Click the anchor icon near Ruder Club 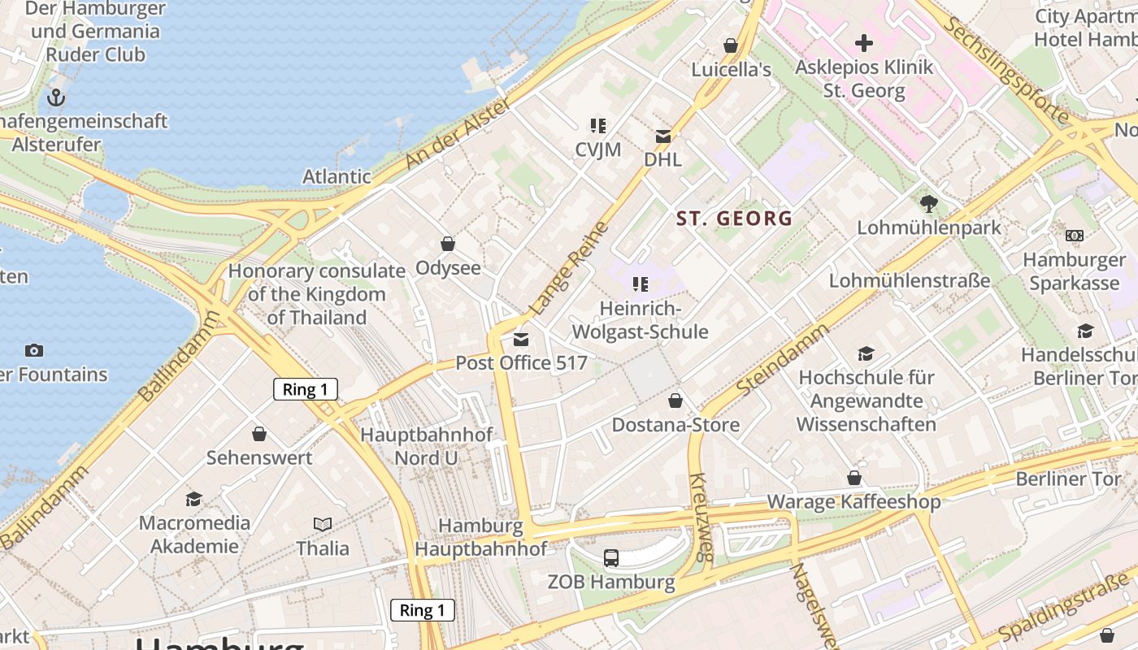(x=55, y=97)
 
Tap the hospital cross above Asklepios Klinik (x=863, y=42)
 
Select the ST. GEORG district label (x=734, y=218)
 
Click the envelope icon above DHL (x=663, y=136)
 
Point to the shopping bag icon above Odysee (x=447, y=244)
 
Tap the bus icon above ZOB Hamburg (x=610, y=557)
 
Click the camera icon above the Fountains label (x=33, y=350)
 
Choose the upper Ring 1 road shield (x=305, y=389)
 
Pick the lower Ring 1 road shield (x=422, y=610)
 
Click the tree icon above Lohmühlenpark (x=929, y=204)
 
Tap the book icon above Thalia (x=323, y=525)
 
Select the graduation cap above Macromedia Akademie (x=193, y=499)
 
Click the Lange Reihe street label (x=569, y=268)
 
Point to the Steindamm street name (x=783, y=360)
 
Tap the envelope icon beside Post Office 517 (x=521, y=340)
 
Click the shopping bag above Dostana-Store (x=675, y=401)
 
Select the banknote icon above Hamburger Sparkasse (x=1074, y=236)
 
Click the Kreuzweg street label (x=701, y=518)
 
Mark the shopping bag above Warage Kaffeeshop (x=853, y=478)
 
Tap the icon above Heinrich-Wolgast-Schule (x=641, y=284)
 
